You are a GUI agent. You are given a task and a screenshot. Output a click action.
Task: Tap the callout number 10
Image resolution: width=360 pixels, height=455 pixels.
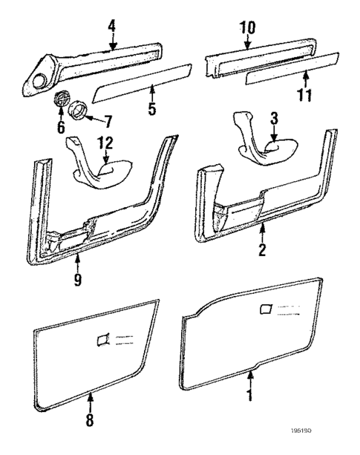[248, 28]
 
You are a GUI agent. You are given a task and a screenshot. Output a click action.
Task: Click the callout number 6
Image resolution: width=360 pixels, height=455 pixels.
[61, 125]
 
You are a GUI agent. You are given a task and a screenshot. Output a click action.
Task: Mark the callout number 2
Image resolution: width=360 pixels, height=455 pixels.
[262, 252]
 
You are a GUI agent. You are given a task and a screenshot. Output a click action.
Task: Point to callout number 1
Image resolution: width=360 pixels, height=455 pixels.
[250, 396]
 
